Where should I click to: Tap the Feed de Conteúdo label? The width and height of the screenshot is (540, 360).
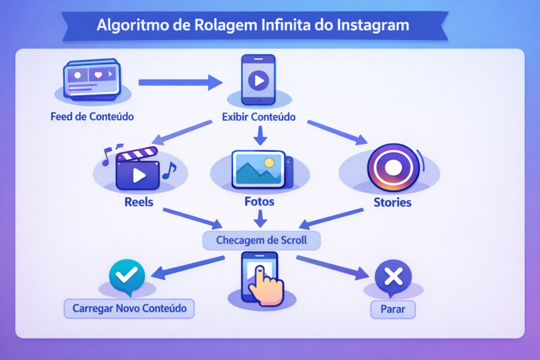92,116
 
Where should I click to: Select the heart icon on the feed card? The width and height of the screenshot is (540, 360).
98,75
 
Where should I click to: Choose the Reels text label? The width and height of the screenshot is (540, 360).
139,201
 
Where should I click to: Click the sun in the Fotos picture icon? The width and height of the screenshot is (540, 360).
269,162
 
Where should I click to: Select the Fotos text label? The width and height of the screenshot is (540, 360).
259,201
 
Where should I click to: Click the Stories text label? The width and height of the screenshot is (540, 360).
392,202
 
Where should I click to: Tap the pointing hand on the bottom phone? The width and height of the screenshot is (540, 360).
265,285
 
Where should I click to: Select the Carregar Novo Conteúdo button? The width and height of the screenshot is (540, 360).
129,308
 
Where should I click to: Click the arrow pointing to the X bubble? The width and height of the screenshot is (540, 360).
332,266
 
